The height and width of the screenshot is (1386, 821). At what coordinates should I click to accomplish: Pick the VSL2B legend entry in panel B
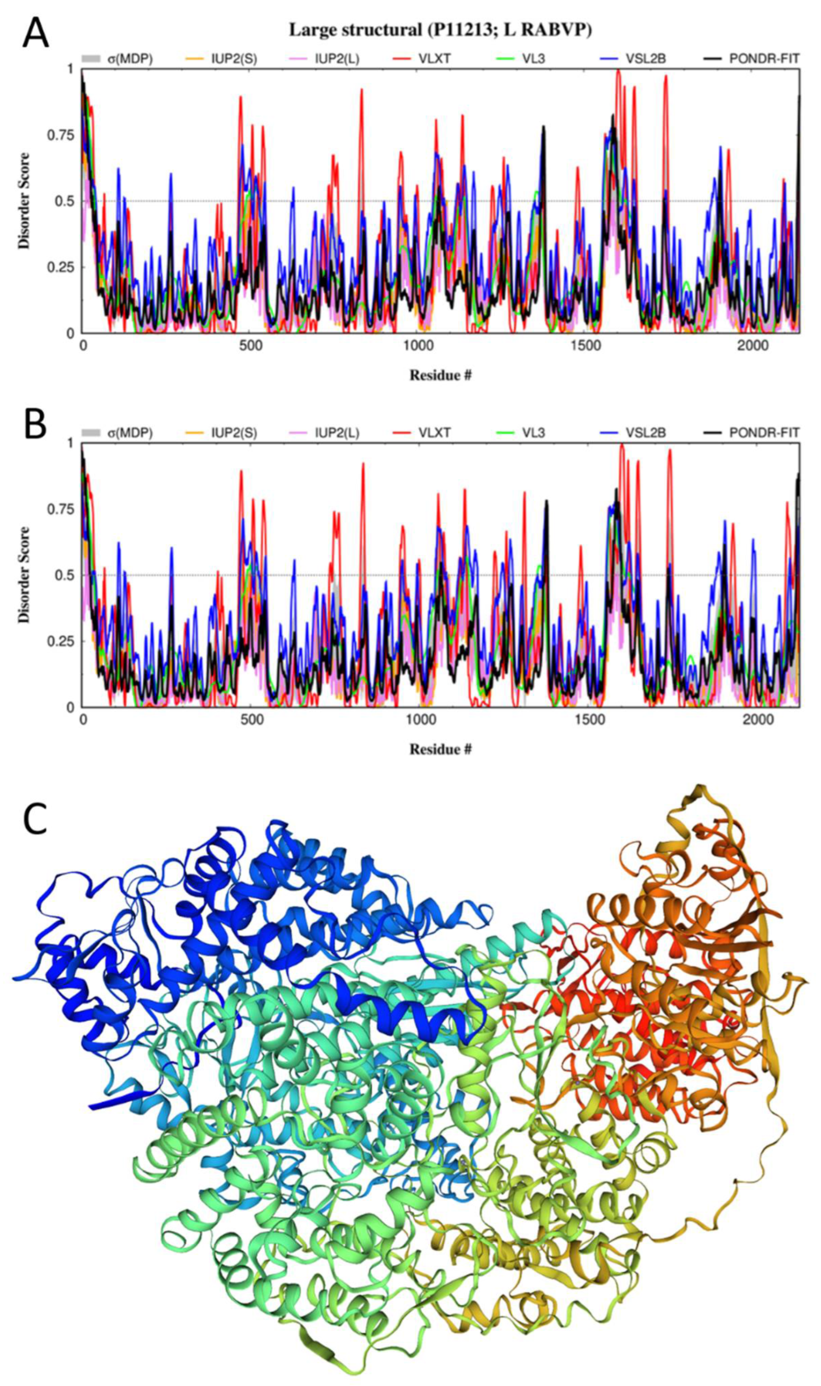click(x=646, y=432)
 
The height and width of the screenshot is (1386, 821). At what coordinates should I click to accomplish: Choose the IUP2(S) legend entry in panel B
click(x=233, y=432)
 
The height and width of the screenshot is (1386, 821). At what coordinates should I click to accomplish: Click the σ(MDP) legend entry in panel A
click(x=129, y=58)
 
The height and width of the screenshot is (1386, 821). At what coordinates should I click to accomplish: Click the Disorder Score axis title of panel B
click(x=24, y=575)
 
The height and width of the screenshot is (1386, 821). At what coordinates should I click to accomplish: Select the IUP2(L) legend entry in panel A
click(x=337, y=58)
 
